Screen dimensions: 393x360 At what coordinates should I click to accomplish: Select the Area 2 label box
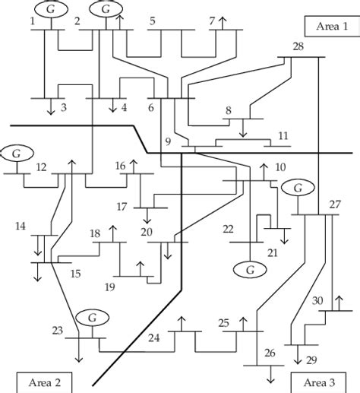tap(36, 381)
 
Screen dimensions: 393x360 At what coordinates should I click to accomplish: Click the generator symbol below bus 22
tap(248, 268)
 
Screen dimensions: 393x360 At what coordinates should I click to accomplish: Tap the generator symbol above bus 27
tap(298, 187)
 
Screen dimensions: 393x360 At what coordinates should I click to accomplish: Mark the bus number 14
tap(21, 227)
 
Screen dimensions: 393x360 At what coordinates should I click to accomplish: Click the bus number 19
tap(111, 287)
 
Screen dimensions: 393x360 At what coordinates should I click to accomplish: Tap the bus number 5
tap(153, 21)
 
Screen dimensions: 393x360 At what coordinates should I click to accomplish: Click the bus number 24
tap(155, 337)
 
